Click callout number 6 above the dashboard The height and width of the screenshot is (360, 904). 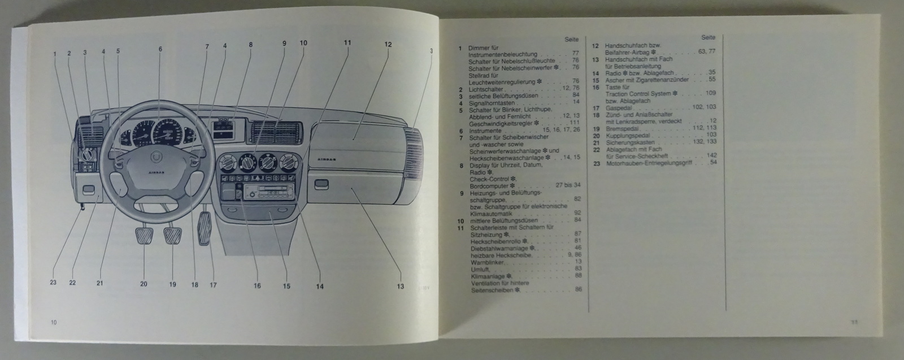(x=160, y=49)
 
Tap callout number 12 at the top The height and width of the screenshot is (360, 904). (x=388, y=44)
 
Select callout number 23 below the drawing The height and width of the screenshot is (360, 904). (x=54, y=283)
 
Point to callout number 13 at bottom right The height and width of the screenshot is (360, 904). (x=400, y=287)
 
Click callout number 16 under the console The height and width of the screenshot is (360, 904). (x=257, y=286)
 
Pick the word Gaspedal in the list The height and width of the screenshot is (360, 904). (x=618, y=107)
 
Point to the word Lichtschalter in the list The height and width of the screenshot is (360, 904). (x=486, y=89)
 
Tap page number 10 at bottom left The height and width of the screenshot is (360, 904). (x=54, y=322)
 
